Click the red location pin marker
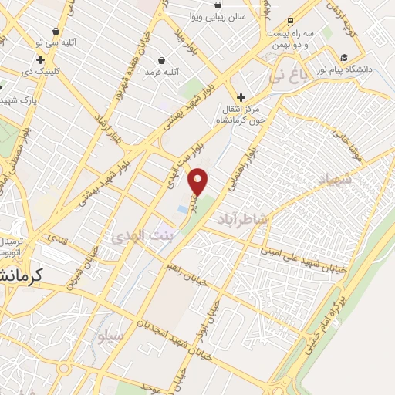pos(199,181)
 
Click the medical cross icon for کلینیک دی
pos(40,59)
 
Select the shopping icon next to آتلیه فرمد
pos(161,60)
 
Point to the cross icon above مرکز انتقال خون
pos(241,97)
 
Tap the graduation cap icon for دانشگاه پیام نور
pos(343,57)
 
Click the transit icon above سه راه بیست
pos(289,22)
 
